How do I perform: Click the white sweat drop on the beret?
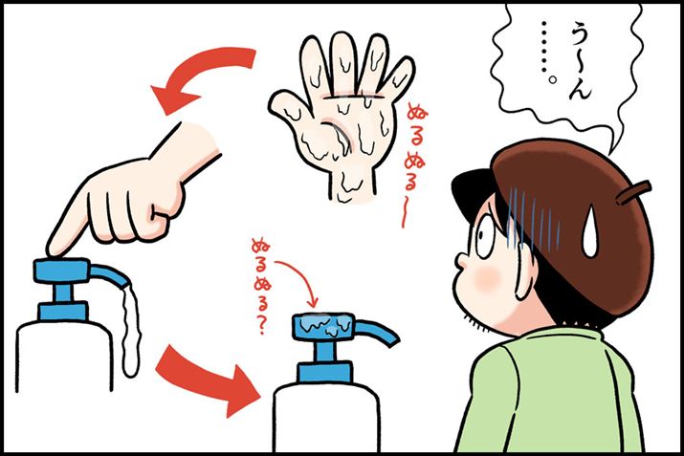(x=590, y=232)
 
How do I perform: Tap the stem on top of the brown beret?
(x=633, y=192)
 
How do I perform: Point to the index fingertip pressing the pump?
(x=55, y=249)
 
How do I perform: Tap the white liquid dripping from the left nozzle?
(x=130, y=328)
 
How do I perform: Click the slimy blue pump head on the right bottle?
(x=322, y=326)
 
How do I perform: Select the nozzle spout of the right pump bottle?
(x=378, y=332)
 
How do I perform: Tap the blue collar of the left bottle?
(x=62, y=312)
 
